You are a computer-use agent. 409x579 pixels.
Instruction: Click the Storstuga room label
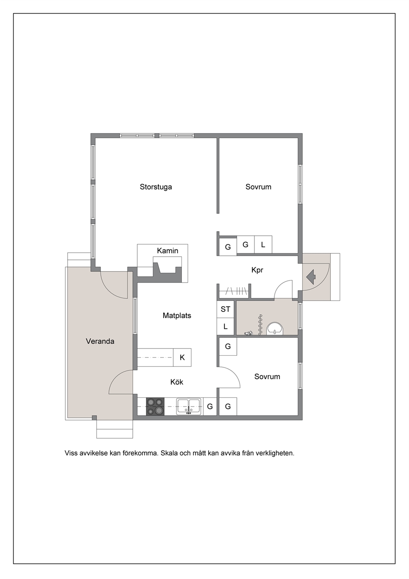tap(156, 187)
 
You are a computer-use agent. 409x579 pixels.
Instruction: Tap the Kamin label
tap(167, 251)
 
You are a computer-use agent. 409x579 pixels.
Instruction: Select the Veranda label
tap(100, 341)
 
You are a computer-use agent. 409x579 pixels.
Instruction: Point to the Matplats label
tap(177, 316)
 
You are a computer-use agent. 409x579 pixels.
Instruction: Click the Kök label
tap(176, 382)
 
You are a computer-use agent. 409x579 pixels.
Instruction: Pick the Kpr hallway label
tap(257, 270)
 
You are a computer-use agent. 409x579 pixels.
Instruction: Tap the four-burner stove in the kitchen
tap(155, 406)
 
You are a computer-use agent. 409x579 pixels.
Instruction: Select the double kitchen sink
tap(189, 406)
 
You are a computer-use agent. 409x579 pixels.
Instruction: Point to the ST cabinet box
tap(226, 309)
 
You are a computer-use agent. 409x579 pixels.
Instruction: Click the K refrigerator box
tap(182, 357)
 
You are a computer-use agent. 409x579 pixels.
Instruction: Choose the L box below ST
tap(226, 327)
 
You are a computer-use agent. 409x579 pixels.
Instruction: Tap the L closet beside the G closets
tap(263, 245)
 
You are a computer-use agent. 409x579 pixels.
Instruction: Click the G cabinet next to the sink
tap(210, 406)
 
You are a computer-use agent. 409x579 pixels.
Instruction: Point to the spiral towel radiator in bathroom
tap(260, 325)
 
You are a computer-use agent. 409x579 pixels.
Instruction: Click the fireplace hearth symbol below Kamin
tap(167, 269)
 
